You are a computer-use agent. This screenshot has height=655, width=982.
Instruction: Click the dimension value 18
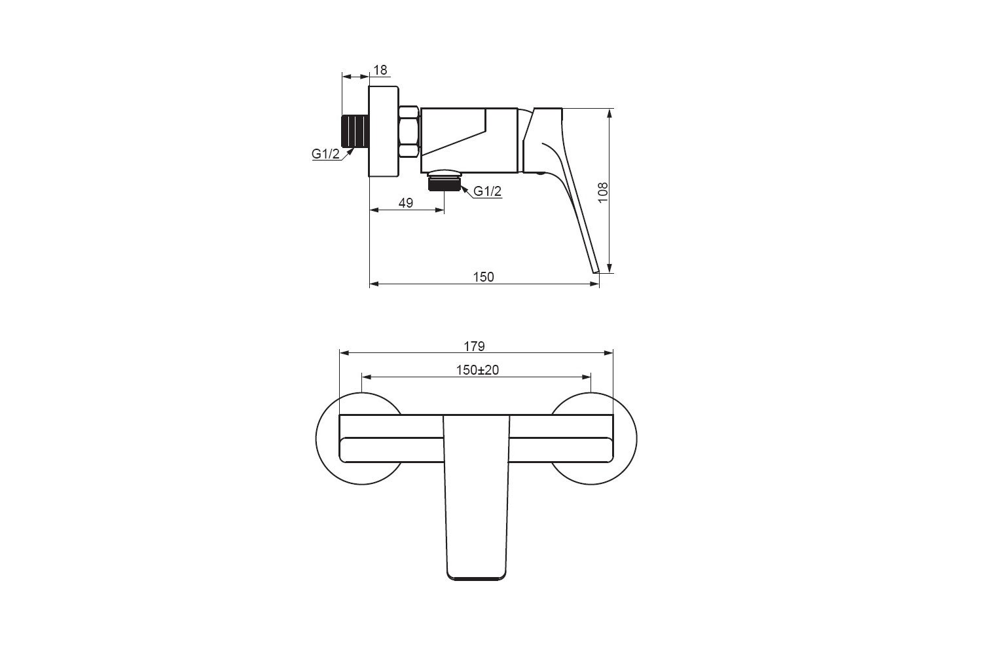[380, 70]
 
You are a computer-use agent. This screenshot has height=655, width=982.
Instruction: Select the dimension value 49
[405, 203]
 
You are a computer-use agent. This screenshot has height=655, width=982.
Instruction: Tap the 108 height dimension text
[603, 192]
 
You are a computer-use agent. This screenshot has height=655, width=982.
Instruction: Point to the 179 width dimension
[475, 346]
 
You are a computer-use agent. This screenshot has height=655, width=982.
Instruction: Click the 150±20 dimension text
[477, 370]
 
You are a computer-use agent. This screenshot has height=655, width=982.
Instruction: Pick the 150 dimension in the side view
[484, 277]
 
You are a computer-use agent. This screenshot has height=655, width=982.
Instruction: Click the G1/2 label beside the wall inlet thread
[325, 153]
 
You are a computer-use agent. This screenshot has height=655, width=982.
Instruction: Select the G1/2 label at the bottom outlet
[488, 191]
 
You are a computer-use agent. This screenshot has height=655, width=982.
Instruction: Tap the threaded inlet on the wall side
[355, 130]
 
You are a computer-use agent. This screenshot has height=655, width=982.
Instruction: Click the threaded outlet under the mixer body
[445, 182]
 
